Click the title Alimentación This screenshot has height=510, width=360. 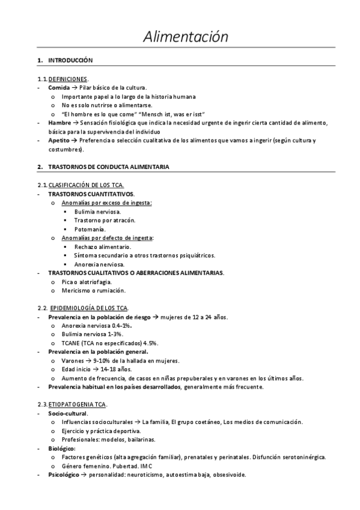(x=186, y=37)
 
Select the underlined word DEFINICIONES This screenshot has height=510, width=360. (x=68, y=79)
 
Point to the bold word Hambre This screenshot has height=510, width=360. (x=59, y=123)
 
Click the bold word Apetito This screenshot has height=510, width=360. (x=59, y=141)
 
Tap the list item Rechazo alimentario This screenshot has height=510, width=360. (x=102, y=247)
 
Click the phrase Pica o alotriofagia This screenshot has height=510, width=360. (x=86, y=281)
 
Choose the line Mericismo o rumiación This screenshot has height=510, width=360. (x=93, y=290)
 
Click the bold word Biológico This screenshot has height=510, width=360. (x=61, y=448)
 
